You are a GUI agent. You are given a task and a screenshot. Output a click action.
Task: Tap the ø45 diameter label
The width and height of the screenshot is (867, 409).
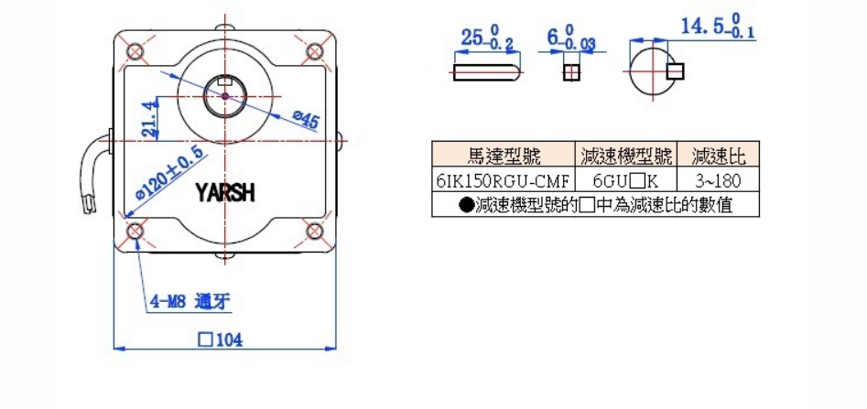point(305,119)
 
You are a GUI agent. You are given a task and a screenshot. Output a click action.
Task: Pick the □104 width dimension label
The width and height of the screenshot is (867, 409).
point(219,339)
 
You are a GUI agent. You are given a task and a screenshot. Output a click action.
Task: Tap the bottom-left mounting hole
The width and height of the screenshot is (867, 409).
point(135,231)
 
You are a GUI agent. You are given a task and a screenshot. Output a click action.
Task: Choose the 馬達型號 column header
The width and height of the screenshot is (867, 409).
point(503,154)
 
